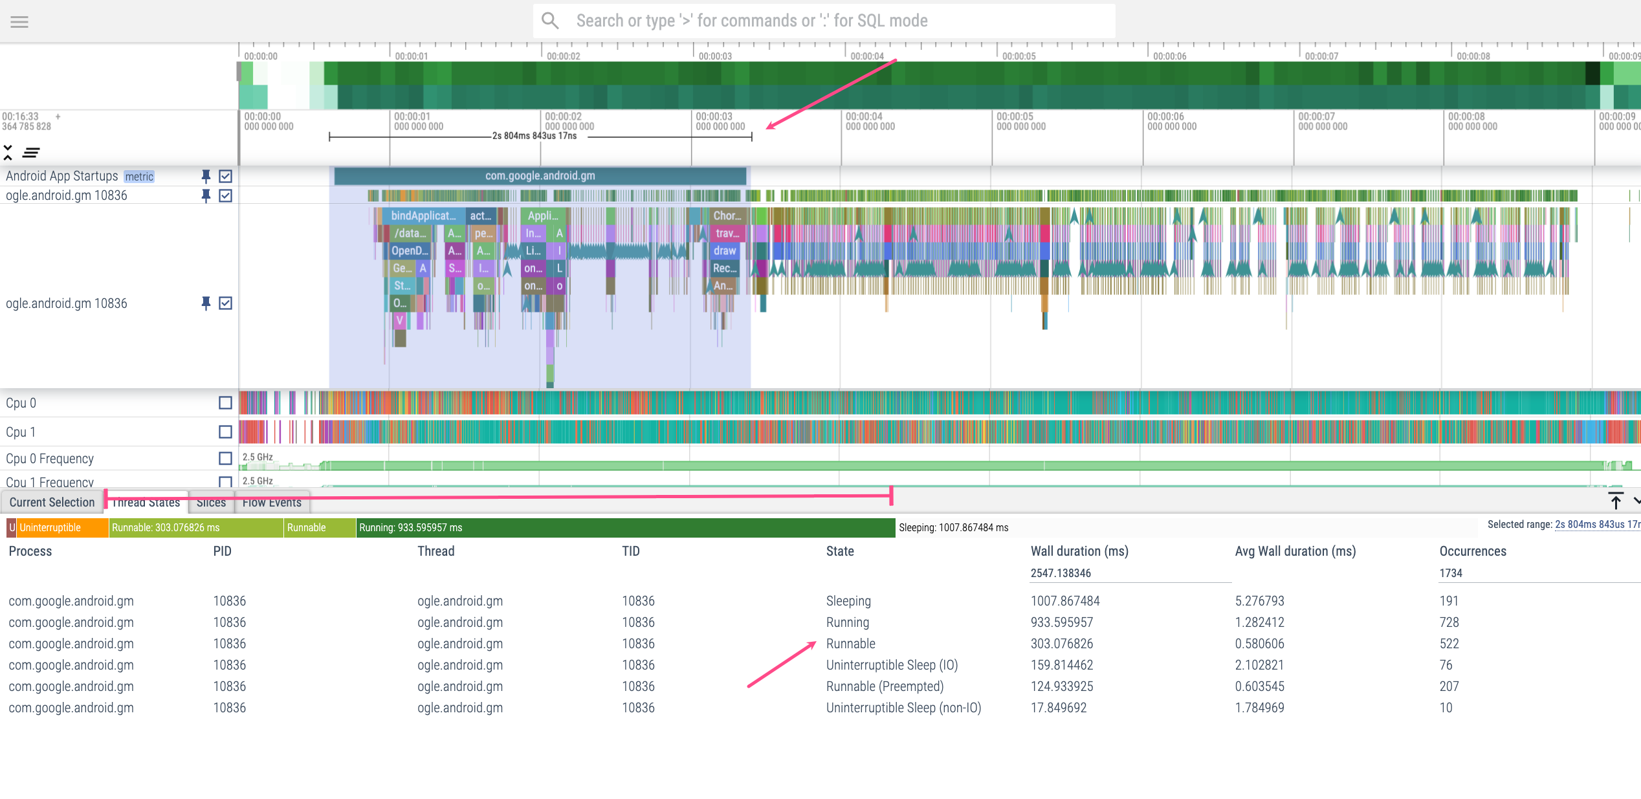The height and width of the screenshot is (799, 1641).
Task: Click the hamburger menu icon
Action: (19, 22)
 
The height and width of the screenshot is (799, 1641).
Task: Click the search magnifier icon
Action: (550, 21)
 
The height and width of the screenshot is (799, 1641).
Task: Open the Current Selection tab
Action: (52, 503)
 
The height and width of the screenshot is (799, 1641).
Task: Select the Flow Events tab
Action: (272, 503)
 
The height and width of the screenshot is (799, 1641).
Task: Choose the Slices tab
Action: (211, 503)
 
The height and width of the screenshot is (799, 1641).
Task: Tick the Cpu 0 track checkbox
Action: (225, 403)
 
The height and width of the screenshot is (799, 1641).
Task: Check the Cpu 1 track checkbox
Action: (225, 432)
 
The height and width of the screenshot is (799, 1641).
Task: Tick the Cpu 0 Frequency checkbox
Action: (225, 459)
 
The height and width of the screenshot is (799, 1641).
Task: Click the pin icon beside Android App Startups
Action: (206, 176)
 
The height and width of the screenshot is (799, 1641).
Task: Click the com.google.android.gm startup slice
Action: (540, 176)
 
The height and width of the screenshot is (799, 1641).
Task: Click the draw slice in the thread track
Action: (725, 251)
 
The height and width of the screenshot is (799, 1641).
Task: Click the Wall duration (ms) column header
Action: (1079, 551)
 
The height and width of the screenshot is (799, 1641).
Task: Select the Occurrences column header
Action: (1473, 551)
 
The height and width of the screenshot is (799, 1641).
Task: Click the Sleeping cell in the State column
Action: (848, 601)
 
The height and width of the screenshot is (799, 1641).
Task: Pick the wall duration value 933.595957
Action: (1062, 622)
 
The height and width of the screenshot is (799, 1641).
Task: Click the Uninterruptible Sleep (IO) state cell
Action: (892, 665)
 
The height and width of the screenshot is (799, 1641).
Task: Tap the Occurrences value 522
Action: (1449, 644)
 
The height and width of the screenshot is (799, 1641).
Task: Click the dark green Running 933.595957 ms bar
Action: (625, 528)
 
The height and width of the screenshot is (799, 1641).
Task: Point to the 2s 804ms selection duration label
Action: (534, 136)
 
